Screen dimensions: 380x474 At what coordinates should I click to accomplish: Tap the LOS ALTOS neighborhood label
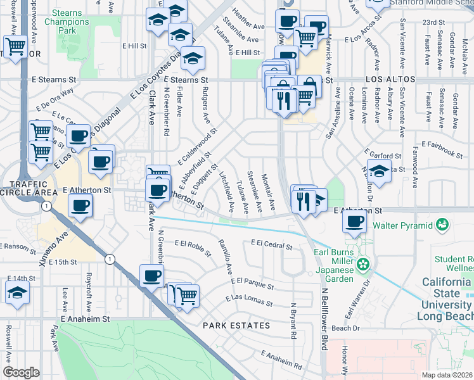click(390, 80)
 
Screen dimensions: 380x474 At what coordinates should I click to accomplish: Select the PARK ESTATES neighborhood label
click(236, 326)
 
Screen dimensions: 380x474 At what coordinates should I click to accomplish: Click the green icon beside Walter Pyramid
click(442, 224)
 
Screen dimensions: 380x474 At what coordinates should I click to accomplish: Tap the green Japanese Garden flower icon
click(363, 263)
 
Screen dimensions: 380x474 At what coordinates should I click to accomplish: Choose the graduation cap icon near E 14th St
click(17, 293)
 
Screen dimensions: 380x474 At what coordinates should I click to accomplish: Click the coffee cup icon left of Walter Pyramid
click(354, 222)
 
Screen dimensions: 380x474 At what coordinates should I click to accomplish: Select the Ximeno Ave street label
click(53, 248)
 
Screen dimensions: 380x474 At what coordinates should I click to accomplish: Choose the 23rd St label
click(433, 22)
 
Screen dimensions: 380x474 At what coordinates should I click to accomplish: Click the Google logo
click(21, 372)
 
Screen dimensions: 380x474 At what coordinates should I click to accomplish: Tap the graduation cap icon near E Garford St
click(378, 172)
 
